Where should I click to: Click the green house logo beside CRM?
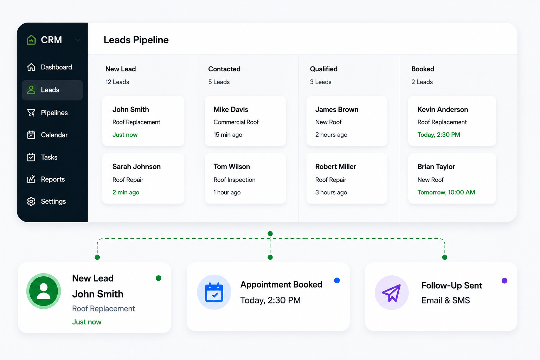pyautogui.click(x=31, y=40)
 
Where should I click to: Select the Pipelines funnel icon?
pyautogui.click(x=31, y=112)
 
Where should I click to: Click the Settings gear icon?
pyautogui.click(x=31, y=201)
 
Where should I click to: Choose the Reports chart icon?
pyautogui.click(x=31, y=179)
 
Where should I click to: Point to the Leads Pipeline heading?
pyautogui.click(x=136, y=40)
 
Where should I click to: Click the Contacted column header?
pyautogui.click(x=224, y=69)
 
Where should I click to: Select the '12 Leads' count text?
pyautogui.click(x=117, y=82)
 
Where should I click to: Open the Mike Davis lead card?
pyautogui.click(x=245, y=121)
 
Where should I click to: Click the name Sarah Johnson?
pyautogui.click(x=136, y=167)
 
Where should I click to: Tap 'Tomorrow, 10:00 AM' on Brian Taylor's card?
pyautogui.click(x=446, y=192)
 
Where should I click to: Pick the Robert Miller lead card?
pyautogui.click(x=347, y=179)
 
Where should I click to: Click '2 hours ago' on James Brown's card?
pyautogui.click(x=331, y=135)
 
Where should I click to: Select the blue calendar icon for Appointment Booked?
pyautogui.click(x=214, y=292)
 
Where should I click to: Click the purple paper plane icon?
pyautogui.click(x=392, y=293)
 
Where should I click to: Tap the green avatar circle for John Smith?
pyautogui.click(x=44, y=291)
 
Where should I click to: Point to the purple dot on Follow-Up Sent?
pyautogui.click(x=504, y=281)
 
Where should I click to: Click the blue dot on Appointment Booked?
pyautogui.click(x=337, y=281)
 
